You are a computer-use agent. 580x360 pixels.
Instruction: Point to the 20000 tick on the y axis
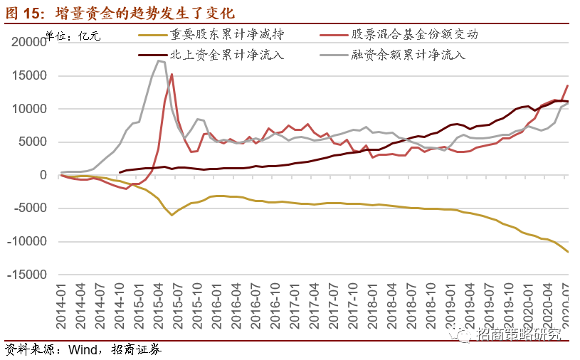(x=30, y=42)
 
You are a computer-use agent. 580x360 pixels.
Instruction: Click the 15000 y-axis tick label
(x=30, y=75)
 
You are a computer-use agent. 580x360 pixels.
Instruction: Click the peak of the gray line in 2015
(x=159, y=60)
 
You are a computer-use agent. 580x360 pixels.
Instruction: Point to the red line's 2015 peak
(x=172, y=74)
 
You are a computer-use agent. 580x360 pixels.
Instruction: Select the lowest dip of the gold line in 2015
(x=172, y=215)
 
